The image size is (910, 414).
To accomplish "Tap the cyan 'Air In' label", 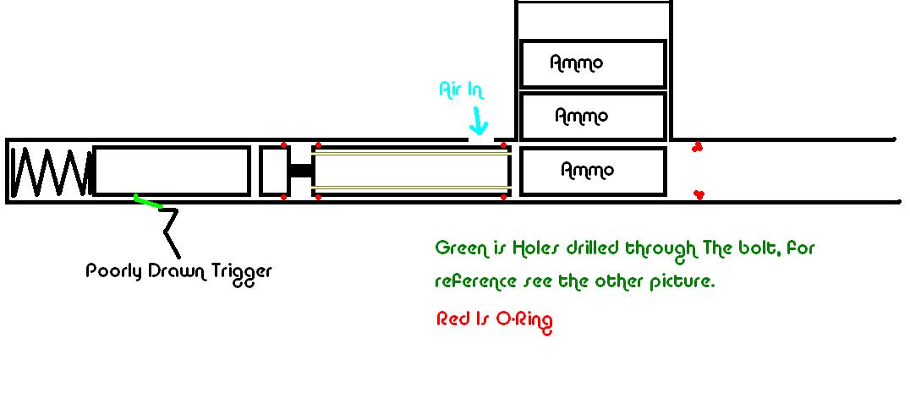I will [461, 90].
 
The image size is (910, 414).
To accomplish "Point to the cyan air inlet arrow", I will [479, 123].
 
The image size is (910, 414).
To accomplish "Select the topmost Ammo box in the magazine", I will [593, 63].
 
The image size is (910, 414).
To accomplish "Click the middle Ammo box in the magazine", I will [593, 116].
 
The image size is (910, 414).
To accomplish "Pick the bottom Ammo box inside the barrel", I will [593, 171].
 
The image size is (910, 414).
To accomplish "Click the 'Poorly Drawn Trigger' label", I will [178, 272].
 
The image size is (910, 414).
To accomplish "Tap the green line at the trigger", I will [147, 201].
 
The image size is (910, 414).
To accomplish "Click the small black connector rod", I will [301, 171].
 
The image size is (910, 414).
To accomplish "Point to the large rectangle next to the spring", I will [173, 171].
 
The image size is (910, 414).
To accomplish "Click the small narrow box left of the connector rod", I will [273, 171].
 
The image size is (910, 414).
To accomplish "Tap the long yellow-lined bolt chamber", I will [411, 171].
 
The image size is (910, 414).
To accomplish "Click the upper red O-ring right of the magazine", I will [698, 147].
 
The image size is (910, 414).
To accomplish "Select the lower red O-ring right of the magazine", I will [699, 195].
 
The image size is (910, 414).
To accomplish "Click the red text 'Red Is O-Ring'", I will [494, 319].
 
